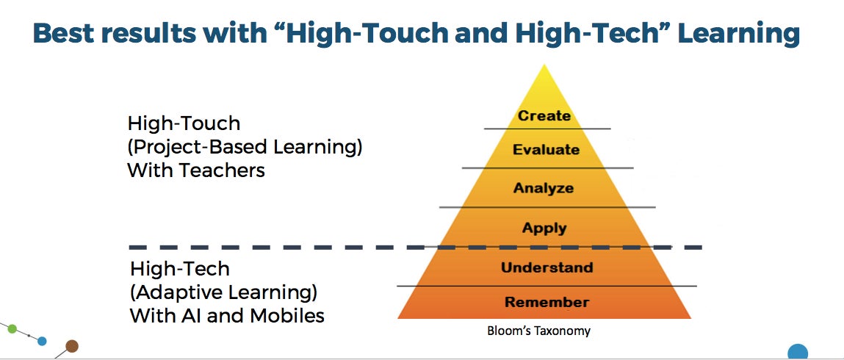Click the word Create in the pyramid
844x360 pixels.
(x=544, y=115)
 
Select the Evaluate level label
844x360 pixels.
(x=546, y=149)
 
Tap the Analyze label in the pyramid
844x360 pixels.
(x=543, y=188)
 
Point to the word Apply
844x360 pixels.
(x=544, y=228)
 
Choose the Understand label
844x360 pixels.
(x=547, y=267)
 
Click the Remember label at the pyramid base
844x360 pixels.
(x=547, y=302)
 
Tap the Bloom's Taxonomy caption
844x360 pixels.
(x=538, y=331)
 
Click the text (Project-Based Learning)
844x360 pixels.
(x=245, y=147)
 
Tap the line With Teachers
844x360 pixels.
(x=196, y=170)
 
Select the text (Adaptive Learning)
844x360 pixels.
(x=223, y=292)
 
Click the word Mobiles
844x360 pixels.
(x=285, y=314)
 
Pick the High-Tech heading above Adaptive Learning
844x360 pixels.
(x=180, y=268)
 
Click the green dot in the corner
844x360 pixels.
(x=12, y=329)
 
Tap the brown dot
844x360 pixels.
(x=71, y=345)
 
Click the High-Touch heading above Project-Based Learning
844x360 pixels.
(x=184, y=123)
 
